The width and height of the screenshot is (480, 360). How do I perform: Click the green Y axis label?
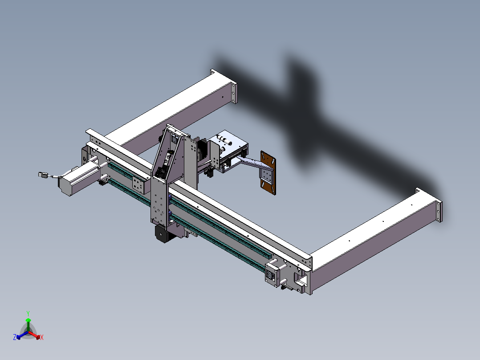28,313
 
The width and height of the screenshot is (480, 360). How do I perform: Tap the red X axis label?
42,337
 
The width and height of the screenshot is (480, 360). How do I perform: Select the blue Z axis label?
15,337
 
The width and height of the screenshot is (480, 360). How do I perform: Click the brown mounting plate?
268,173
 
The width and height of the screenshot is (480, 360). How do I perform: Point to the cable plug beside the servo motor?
43,175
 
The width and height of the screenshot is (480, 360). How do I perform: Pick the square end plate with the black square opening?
273,274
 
